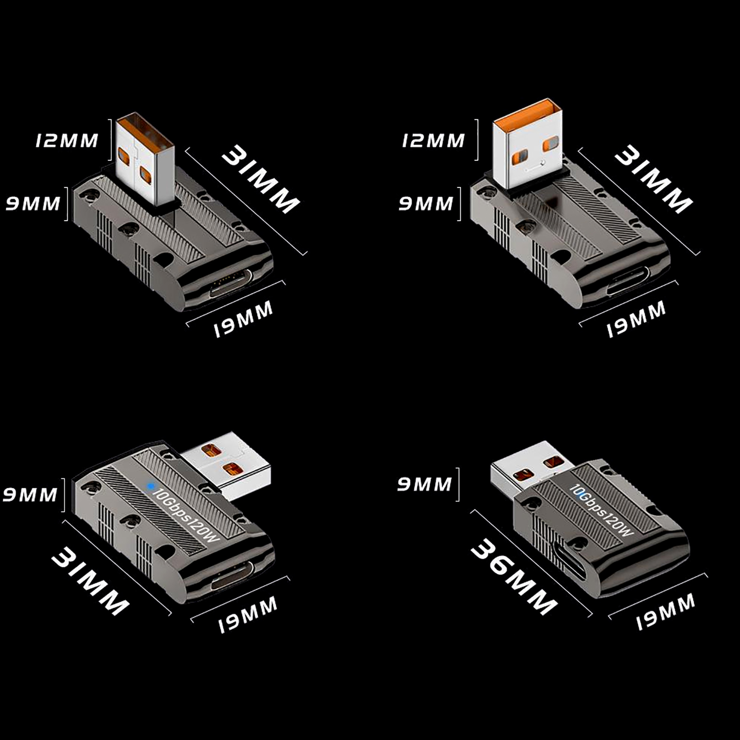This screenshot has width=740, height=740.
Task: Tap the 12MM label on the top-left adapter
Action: (x=67, y=141)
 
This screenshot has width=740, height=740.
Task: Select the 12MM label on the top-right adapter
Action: (x=433, y=141)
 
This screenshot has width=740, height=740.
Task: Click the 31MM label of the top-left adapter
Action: (x=260, y=179)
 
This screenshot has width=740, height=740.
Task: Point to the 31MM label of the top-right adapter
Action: (x=653, y=179)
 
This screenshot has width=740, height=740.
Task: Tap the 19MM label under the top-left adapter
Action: (x=243, y=319)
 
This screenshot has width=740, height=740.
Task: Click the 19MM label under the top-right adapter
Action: (x=636, y=319)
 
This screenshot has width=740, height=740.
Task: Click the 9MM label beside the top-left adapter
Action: (x=33, y=203)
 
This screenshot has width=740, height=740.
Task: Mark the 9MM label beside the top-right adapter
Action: (x=426, y=203)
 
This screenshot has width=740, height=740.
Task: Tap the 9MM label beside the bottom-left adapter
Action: (x=30, y=495)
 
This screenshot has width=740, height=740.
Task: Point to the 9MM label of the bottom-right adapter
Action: (x=425, y=484)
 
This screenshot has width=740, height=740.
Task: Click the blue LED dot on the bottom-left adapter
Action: (x=150, y=486)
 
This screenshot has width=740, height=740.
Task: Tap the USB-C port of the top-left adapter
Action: (x=231, y=285)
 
